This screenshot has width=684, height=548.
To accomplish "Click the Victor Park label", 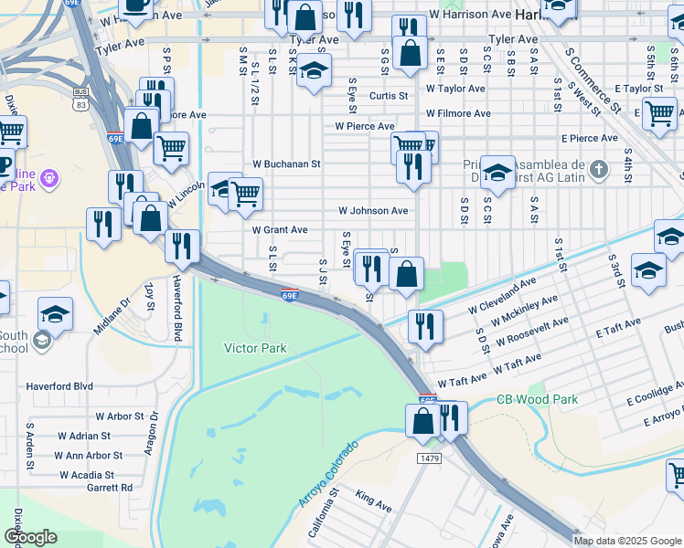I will click(x=255, y=348).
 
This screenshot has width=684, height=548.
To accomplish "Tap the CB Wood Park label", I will click(x=537, y=399).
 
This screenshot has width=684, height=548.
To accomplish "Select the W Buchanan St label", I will click(x=286, y=164).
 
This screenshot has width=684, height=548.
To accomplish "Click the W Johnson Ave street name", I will click(x=373, y=210).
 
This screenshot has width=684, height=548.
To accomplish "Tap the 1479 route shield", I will click(x=429, y=456).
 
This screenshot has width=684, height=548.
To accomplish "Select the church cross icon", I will click(x=598, y=169).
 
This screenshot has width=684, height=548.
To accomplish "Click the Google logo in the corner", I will click(x=29, y=537).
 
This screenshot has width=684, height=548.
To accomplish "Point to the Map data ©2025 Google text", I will click(x=627, y=541).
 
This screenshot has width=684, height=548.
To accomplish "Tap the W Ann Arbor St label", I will click(x=89, y=455).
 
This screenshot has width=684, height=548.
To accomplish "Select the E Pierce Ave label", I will click(x=590, y=138).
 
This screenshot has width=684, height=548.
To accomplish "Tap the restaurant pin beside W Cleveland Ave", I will click(x=425, y=325).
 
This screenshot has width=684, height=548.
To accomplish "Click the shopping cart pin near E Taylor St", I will click(x=658, y=113).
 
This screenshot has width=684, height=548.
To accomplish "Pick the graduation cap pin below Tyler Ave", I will click(x=313, y=71).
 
